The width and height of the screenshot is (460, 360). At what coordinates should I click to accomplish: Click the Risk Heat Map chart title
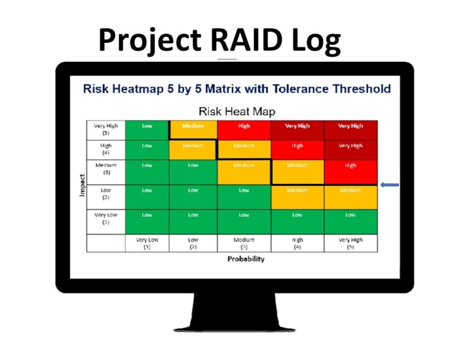[237, 112]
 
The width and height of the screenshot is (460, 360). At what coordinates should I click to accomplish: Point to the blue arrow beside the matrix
[390, 185]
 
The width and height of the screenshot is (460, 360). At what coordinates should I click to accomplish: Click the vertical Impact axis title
[82, 185]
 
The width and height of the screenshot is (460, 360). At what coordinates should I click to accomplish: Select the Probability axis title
[246, 259]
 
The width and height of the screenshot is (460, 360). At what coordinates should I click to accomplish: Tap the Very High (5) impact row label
[106, 130]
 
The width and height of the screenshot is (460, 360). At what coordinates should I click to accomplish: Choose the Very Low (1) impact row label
[106, 219]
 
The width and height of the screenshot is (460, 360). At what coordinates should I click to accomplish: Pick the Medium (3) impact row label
[106, 169]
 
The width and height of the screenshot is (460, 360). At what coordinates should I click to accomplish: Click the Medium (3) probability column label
[244, 243]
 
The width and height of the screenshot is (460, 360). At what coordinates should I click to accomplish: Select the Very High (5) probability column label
[350, 243]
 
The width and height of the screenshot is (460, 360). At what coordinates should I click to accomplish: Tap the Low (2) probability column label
[193, 243]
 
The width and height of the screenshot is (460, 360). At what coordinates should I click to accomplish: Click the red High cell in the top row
[244, 130]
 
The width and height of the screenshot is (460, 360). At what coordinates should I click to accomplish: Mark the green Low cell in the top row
[147, 130]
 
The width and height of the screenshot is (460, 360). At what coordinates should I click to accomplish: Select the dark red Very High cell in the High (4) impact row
[350, 150]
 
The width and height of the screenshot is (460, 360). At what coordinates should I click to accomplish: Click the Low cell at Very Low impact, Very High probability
[350, 222]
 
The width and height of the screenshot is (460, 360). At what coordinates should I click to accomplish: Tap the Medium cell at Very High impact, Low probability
[193, 130]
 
